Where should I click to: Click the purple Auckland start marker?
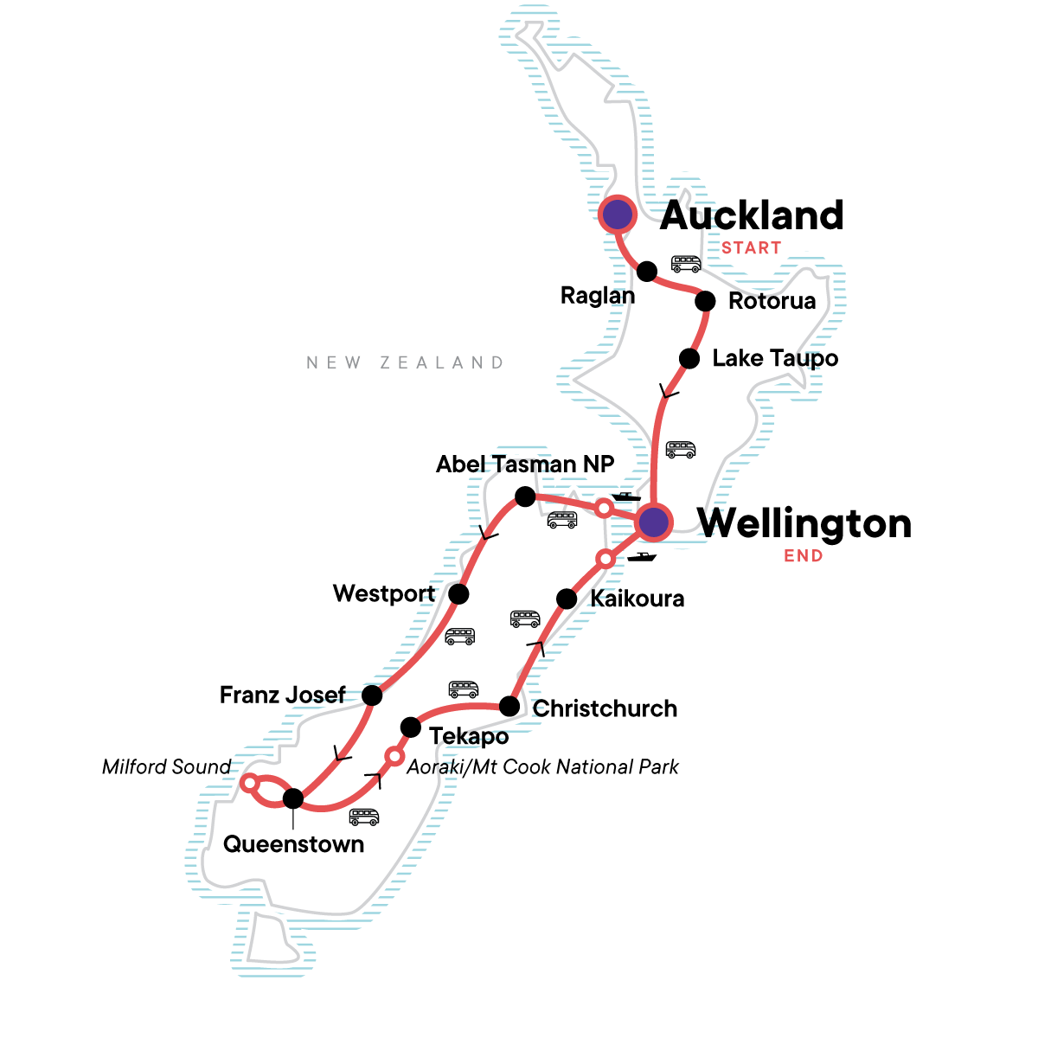[618, 215]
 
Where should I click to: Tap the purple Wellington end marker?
[654, 522]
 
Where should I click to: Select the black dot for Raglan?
[647, 272]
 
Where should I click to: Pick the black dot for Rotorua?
[705, 301]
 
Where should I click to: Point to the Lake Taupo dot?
[689, 358]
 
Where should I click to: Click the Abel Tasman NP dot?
[524, 497]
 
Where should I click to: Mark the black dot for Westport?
[458, 594]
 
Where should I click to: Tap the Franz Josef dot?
[372, 695]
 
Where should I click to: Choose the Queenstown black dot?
[293, 798]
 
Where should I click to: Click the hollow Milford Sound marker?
[248, 783]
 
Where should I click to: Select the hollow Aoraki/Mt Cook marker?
[394, 757]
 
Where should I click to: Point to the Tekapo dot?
[411, 727]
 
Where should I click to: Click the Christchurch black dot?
[510, 707]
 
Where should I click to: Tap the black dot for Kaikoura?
[566, 599]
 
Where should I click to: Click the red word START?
[751, 248]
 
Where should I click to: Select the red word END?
[803, 556]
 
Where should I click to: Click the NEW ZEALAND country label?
[405, 362]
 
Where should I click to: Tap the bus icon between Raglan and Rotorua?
[687, 264]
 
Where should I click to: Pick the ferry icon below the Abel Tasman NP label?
[625, 497]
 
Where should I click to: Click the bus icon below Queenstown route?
[364, 817]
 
